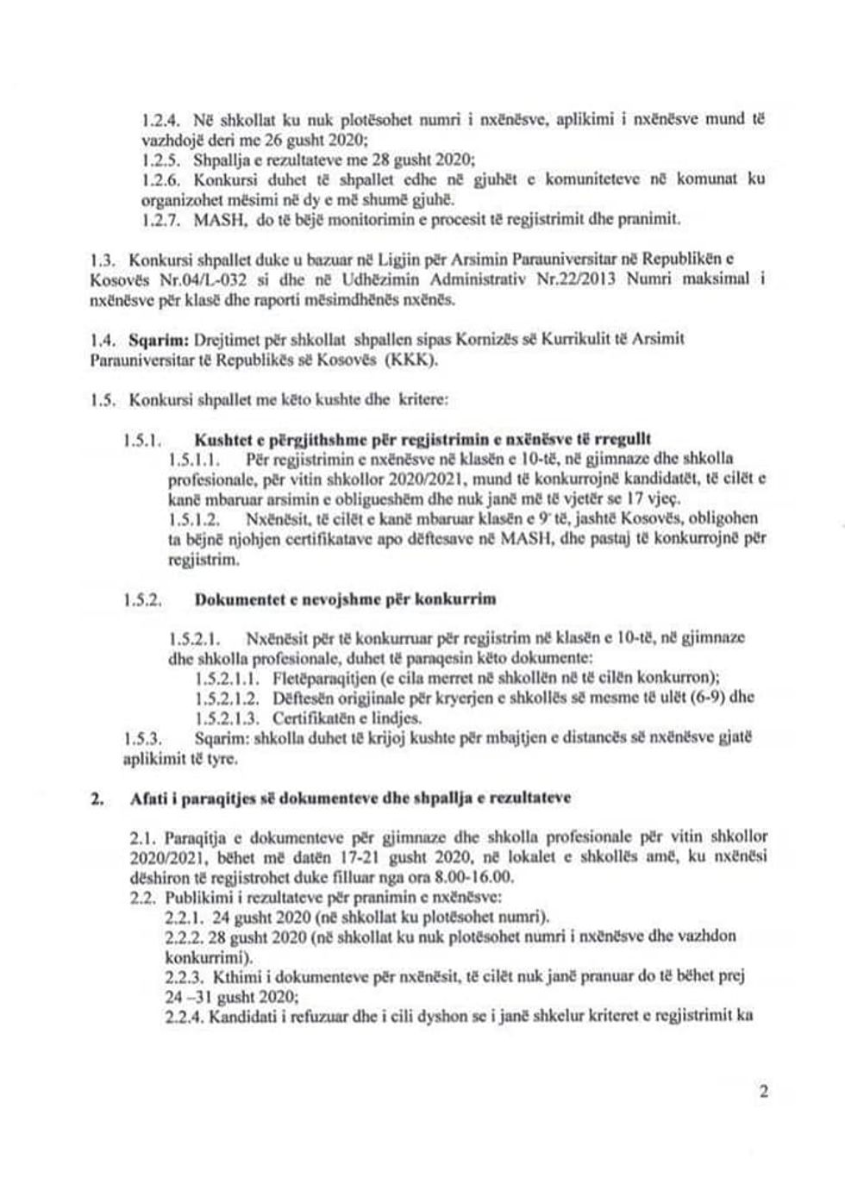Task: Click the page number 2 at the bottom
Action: pos(762,1093)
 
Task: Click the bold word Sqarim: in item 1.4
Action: pos(155,340)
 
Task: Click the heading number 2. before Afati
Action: pos(97,799)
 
